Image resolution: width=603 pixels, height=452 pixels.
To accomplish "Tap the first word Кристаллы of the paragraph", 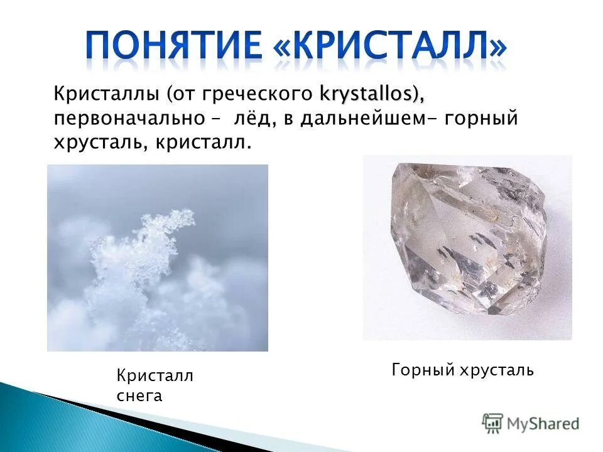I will tap(107, 95).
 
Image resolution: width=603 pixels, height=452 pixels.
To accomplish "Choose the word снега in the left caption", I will tap(139, 395).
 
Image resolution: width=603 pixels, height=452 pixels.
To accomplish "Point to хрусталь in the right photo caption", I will tap(499, 370).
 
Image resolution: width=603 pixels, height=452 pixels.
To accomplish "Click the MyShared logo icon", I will tap(492, 423).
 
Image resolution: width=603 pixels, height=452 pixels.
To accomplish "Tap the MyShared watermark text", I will tap(543, 424).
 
